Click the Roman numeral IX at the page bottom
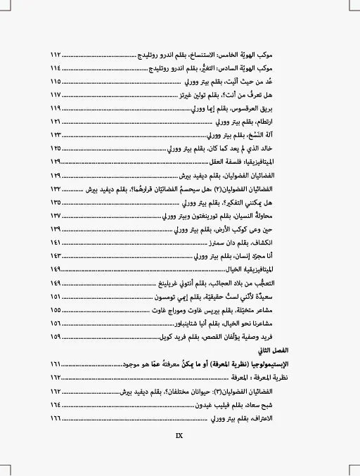click(179, 434)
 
